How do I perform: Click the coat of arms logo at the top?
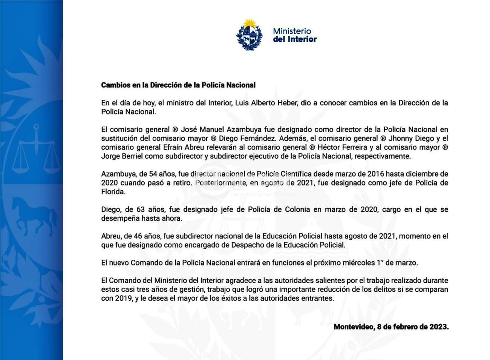tap(249, 35)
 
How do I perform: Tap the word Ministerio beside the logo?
tap(292, 31)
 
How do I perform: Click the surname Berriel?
tap(131, 156)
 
